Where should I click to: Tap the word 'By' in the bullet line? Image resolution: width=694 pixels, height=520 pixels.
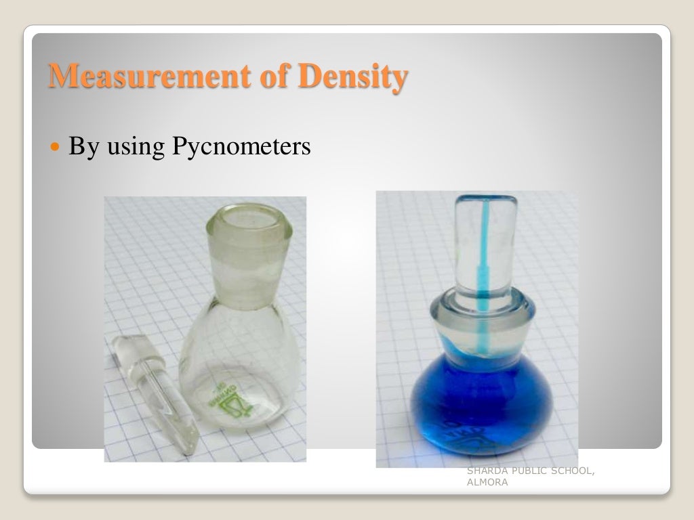[83, 147]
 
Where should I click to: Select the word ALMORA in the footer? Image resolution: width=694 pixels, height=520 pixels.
[486, 482]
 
